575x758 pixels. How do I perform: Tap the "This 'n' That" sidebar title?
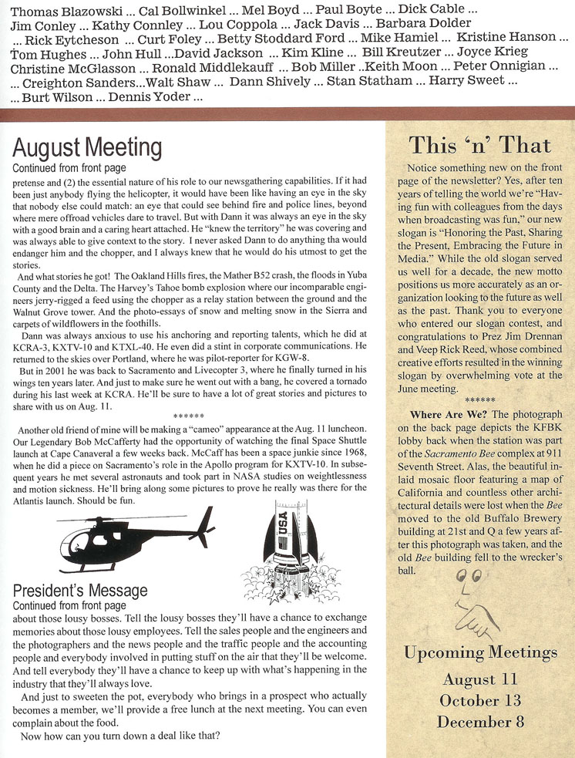point(479,145)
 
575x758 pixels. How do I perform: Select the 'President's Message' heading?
point(80,591)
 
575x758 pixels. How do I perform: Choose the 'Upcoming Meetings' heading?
point(480,652)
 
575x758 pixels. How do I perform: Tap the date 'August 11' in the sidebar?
point(479,679)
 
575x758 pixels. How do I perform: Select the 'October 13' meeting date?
point(479,700)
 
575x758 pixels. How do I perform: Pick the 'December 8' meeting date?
point(479,722)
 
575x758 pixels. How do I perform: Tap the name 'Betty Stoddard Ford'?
point(281,38)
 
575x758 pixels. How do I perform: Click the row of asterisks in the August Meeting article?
point(188,416)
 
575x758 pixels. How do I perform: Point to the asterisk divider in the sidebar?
point(479,401)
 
